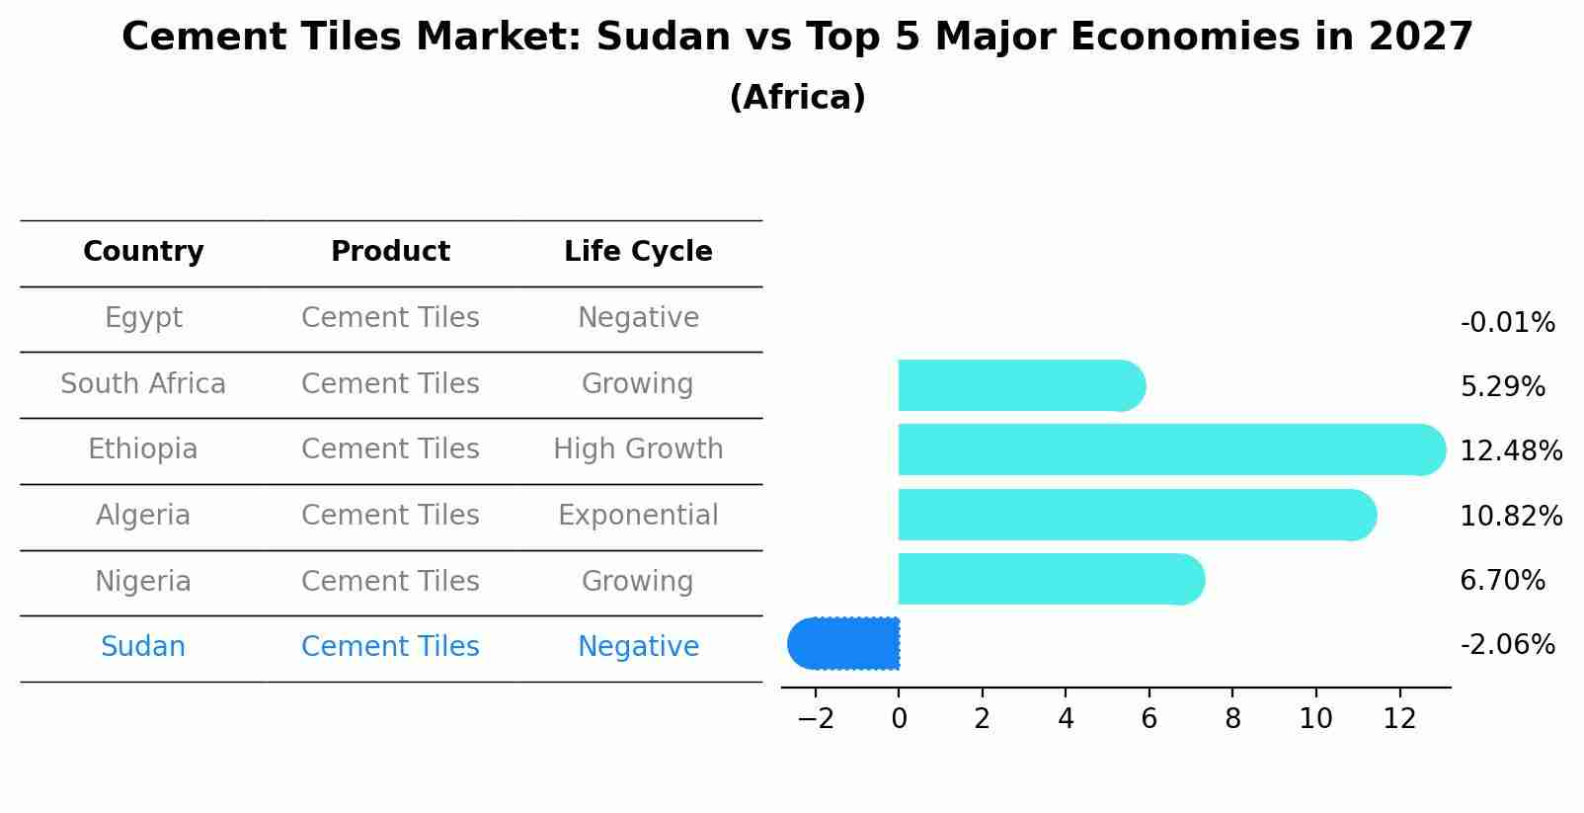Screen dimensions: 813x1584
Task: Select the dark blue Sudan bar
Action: tap(844, 643)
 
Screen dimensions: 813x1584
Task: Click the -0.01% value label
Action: tap(1507, 323)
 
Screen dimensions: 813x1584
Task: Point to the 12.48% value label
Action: tap(1511, 451)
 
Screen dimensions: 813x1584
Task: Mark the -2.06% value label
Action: tap(1507, 645)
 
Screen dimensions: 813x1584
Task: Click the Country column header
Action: tap(143, 252)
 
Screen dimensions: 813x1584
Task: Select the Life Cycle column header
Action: tap(638, 252)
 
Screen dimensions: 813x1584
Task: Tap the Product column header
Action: tap(390, 252)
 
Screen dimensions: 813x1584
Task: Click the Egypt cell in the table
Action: tap(143, 318)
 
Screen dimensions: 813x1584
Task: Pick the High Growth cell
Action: tap(638, 449)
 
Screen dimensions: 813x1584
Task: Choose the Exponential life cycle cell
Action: tap(638, 516)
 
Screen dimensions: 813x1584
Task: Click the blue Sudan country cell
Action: tap(143, 647)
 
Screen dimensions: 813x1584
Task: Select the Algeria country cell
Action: tap(143, 516)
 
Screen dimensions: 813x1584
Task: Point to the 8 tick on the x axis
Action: tap(1232, 719)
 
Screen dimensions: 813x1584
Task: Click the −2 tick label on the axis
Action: tap(816, 719)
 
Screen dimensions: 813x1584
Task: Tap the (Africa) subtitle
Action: tap(797, 98)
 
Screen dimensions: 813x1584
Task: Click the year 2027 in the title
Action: tap(1420, 38)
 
